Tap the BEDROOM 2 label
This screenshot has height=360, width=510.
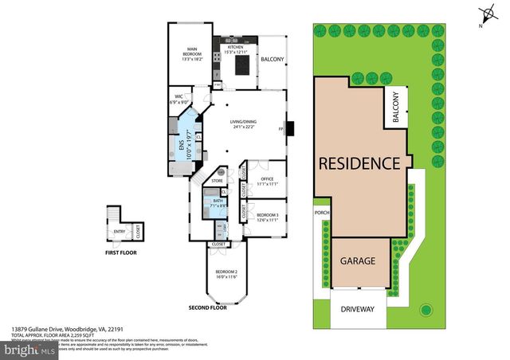pos(226,273)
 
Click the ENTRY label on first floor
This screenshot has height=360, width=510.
pos(120,232)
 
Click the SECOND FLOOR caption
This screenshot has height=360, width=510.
pos(209,307)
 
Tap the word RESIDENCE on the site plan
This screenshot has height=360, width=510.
pos(359,163)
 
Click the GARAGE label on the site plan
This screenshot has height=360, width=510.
pos(358,260)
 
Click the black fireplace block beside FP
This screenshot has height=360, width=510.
pos(292,127)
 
